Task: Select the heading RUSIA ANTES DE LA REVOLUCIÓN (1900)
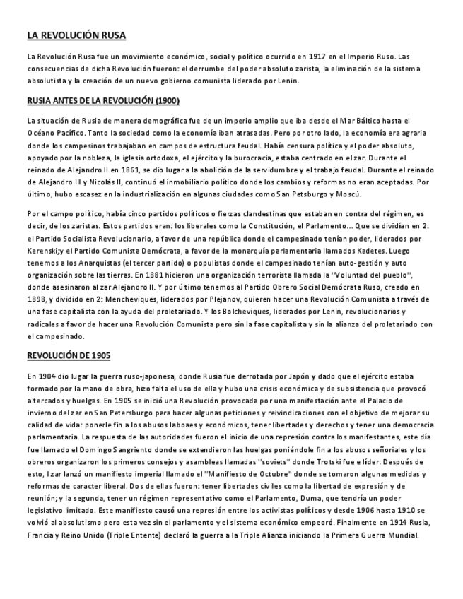click(103, 100)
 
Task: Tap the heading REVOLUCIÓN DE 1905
click(69, 355)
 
